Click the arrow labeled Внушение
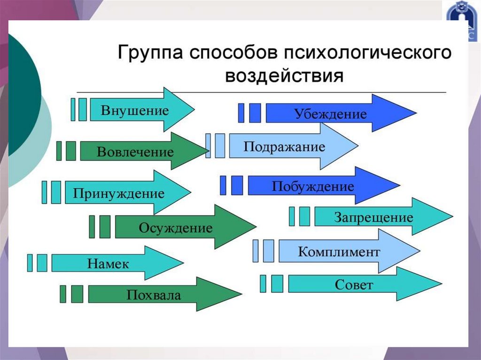[136, 111]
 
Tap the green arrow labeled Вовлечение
[136, 152]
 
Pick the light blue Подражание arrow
[284, 146]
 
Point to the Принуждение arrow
[120, 193]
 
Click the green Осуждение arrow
[176, 229]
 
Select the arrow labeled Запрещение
[373, 217]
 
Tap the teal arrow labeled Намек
[108, 263]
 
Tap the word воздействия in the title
[285, 75]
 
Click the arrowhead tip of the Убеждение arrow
[413, 113]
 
